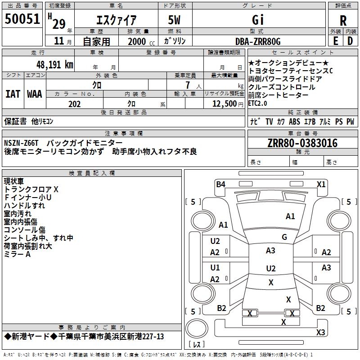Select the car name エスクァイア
(x=117, y=20)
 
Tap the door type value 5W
(x=175, y=20)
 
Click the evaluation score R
(x=343, y=21)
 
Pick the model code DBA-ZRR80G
(x=258, y=42)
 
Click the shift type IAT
(x=13, y=94)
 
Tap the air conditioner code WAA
(x=35, y=94)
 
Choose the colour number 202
(x=75, y=104)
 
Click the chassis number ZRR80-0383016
(x=302, y=143)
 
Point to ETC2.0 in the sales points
(x=258, y=103)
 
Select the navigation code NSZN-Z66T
(x=22, y=143)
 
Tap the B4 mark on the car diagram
(x=220, y=184)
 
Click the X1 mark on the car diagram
(x=321, y=184)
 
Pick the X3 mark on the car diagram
(x=320, y=333)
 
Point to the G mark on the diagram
(x=284, y=237)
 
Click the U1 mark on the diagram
(x=215, y=268)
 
